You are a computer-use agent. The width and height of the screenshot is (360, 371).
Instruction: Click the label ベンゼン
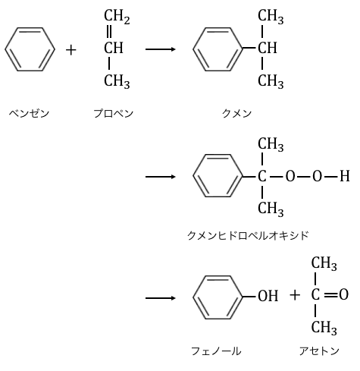29,114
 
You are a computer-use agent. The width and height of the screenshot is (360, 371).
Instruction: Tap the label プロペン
114,114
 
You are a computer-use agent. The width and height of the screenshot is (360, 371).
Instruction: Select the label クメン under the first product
236,114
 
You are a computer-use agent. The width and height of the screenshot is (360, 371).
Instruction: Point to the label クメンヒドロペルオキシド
248,235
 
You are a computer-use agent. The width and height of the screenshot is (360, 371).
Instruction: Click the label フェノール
216,351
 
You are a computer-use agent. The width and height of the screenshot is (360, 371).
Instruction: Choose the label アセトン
319,351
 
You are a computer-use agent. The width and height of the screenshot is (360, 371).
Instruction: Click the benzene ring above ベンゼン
5,49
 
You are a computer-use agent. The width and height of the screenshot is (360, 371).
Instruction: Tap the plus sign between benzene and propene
71,50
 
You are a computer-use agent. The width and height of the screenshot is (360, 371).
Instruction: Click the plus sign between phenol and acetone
295,295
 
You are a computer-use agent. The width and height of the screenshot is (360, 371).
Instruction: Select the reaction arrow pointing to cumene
161,49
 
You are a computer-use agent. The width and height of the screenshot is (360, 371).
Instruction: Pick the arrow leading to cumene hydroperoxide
161,177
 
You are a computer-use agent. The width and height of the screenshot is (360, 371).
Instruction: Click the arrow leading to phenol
161,298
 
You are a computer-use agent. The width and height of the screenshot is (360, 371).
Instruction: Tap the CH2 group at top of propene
117,16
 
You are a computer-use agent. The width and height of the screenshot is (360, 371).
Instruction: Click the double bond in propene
109,32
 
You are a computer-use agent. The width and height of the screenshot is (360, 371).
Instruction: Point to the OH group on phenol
268,296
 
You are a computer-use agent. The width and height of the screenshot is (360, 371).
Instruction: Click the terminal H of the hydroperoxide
345,176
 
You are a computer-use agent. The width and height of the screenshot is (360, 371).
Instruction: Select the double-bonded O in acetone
344,294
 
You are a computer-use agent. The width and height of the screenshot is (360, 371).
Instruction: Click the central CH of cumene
268,48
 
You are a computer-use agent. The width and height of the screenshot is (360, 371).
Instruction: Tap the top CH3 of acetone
324,263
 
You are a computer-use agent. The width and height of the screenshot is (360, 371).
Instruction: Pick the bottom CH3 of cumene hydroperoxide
271,209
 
